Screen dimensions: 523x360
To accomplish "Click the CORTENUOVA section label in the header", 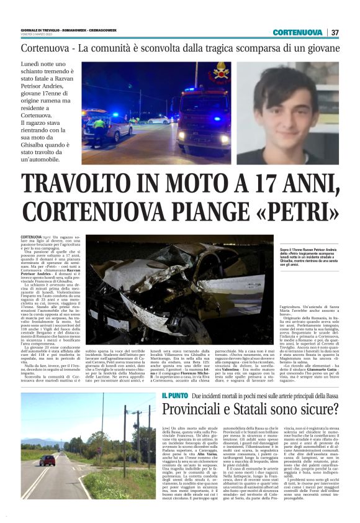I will [297, 32].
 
